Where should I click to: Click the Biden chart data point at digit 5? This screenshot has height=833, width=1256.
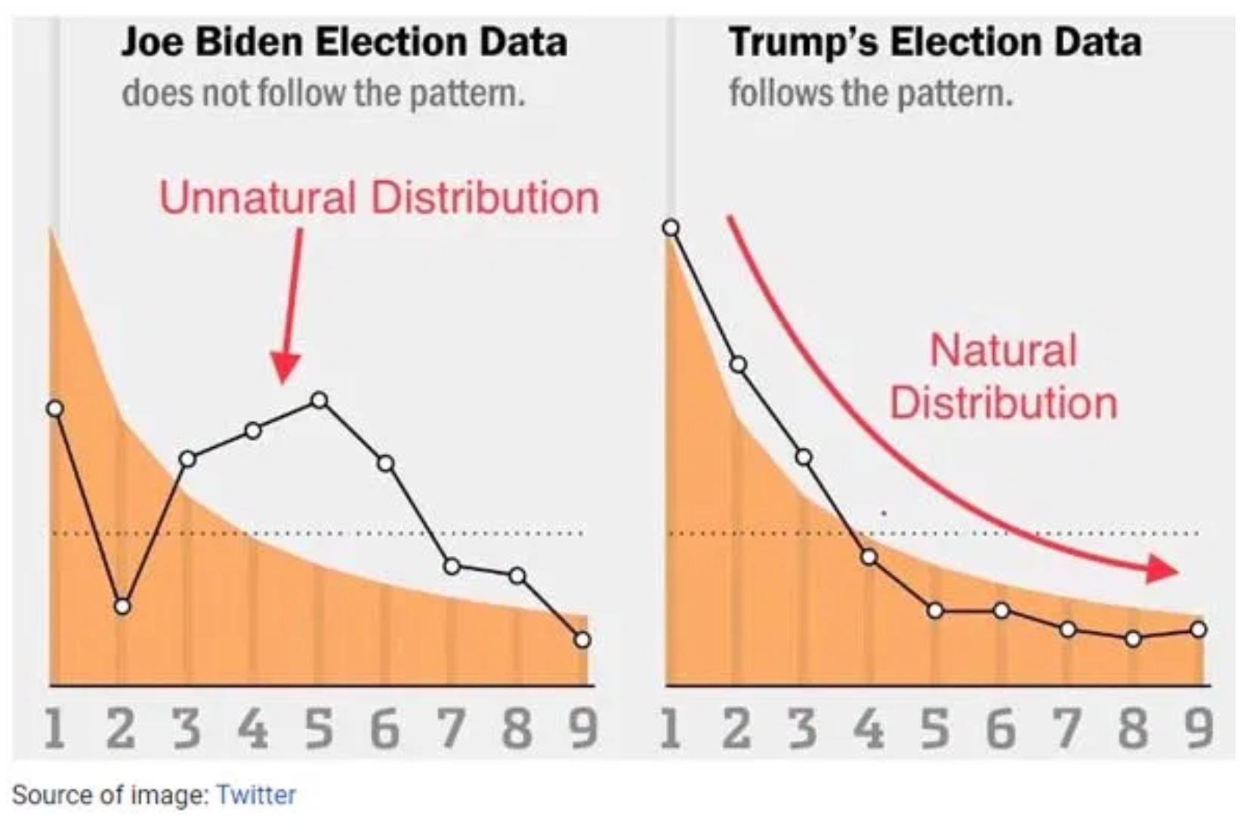coord(319,400)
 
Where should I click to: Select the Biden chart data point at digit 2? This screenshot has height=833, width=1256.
coord(122,606)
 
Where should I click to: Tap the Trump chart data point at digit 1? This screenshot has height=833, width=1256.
coord(671,228)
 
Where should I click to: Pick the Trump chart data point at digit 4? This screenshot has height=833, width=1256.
coord(869,557)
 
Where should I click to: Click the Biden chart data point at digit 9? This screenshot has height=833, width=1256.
coord(582,640)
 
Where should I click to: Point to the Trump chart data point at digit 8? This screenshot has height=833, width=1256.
coord(1132,639)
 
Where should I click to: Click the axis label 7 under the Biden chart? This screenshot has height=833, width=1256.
coord(451,729)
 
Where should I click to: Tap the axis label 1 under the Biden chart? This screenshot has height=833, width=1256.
coord(54,729)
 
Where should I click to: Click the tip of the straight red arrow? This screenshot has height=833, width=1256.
coord(284,381)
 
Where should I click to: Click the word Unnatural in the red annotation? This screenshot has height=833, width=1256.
coord(258,198)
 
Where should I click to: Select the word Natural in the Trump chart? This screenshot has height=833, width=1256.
coord(1003,350)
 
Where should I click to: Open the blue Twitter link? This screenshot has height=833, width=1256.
coord(256,794)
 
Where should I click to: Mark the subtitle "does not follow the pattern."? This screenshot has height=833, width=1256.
coord(323,94)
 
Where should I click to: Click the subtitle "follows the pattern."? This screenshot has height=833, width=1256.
coord(870,94)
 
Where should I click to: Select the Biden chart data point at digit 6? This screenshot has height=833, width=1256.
coord(385,463)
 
